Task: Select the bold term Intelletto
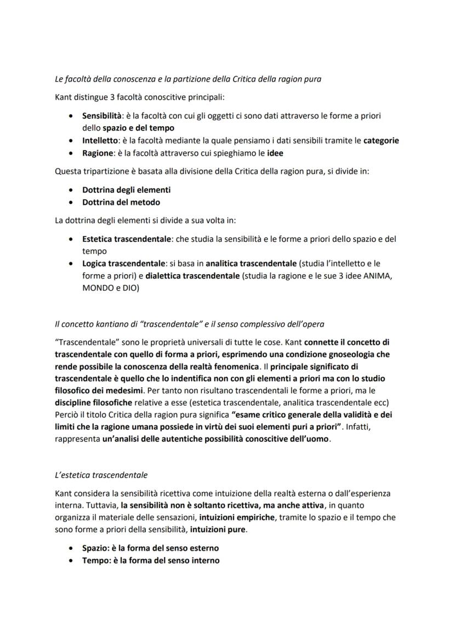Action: [98, 140]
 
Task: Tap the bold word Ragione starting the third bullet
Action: [97, 153]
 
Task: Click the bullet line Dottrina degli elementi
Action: [126, 190]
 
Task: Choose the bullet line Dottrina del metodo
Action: [121, 202]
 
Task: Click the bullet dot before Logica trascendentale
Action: [71, 264]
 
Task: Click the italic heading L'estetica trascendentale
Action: [101, 474]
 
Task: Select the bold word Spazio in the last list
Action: [94, 548]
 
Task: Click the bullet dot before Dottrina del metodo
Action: [71, 202]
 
